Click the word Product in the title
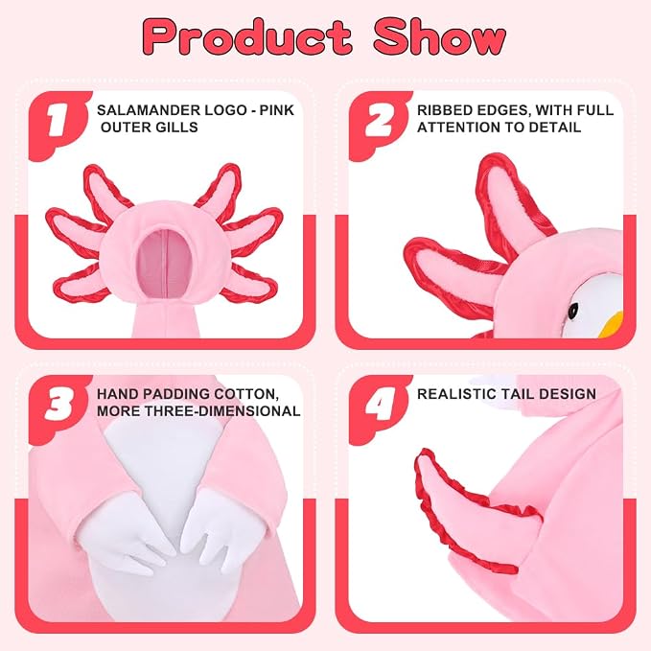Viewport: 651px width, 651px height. [x=248, y=37]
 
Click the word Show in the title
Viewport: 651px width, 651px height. [x=440, y=37]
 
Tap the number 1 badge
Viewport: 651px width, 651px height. [x=58, y=121]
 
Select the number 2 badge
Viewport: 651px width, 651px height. [x=378, y=121]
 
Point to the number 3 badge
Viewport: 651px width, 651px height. [x=58, y=405]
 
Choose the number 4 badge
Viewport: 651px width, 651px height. [x=378, y=405]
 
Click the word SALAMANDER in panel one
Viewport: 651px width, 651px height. [x=149, y=110]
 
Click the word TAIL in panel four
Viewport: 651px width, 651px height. [x=523, y=394]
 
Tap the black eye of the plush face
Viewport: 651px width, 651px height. [x=573, y=310]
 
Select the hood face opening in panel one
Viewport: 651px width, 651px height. [x=165, y=263]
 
